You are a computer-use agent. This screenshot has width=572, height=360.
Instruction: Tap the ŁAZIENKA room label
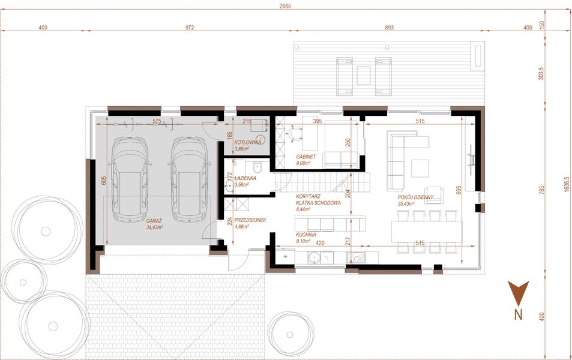[x=246, y=178]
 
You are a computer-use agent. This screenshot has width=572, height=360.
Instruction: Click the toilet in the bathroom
[x=256, y=166]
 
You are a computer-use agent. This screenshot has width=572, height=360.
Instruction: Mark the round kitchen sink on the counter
[x=312, y=258]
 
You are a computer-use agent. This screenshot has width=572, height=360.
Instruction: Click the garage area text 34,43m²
[x=155, y=227]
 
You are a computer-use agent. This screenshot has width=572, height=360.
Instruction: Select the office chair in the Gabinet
[x=293, y=133]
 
